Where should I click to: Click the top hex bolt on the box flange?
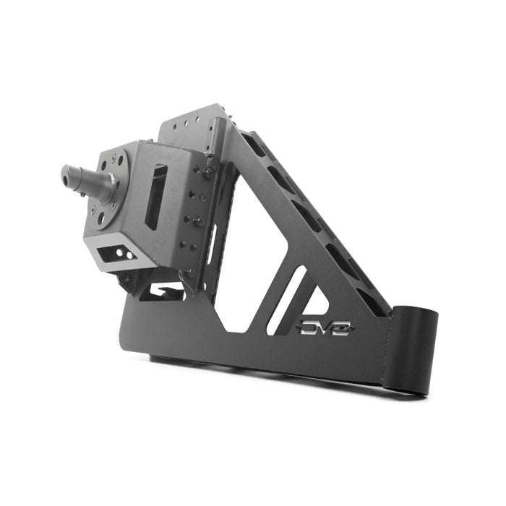[209, 173]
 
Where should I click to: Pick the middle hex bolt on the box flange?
[199, 220]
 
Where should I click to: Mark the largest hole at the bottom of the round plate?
[101, 215]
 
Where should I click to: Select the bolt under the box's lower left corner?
[127, 278]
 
